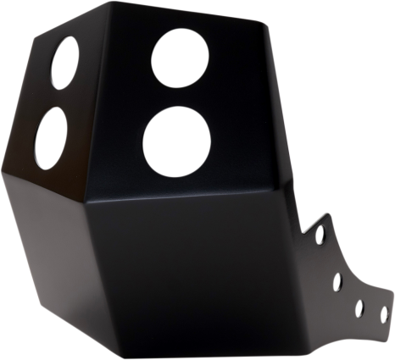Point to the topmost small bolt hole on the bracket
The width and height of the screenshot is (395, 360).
[320, 229]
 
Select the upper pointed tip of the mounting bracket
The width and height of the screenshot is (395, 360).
[326, 213]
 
